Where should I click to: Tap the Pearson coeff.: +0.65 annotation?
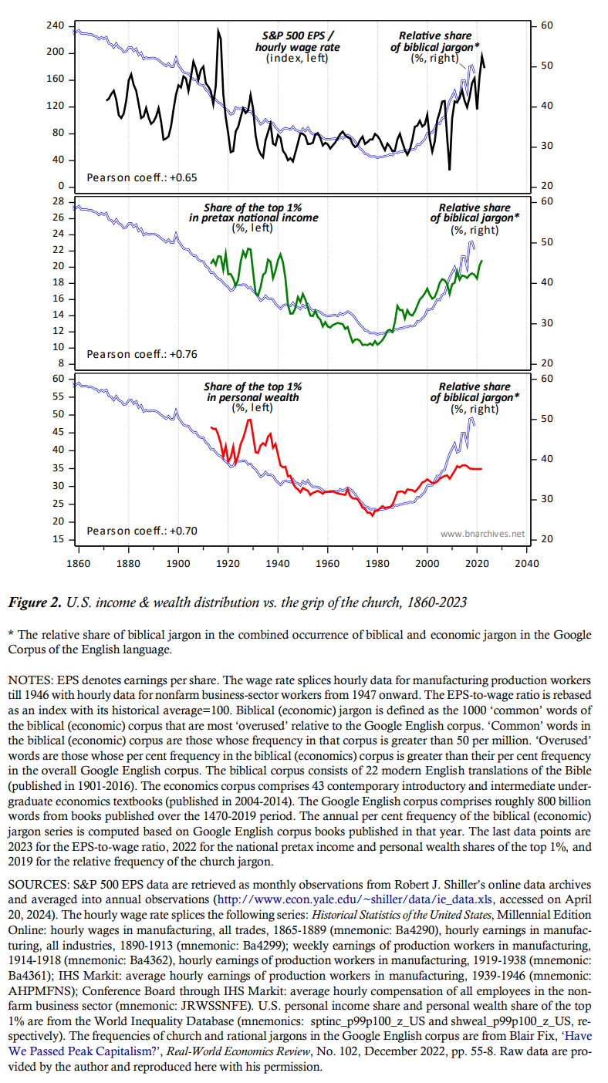(141, 177)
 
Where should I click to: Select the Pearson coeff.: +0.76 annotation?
(141, 354)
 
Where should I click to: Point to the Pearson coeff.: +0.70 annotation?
(141, 531)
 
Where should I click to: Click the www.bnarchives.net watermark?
(482, 534)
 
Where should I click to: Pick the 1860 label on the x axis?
(79, 563)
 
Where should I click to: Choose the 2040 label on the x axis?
(527, 563)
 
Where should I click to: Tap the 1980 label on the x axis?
(377, 563)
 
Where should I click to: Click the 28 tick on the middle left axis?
(57, 201)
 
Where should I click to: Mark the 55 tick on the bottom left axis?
(57, 396)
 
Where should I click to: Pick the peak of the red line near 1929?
(249, 420)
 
